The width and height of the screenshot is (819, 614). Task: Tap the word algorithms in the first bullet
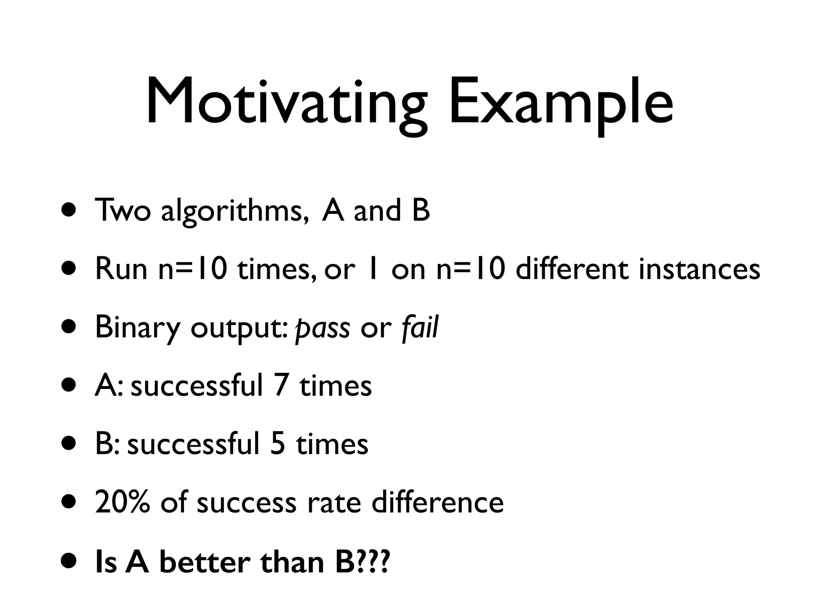235,211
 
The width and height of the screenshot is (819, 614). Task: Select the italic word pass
322,328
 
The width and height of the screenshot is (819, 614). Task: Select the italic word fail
420,327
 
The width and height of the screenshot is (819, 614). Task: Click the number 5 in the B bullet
278,444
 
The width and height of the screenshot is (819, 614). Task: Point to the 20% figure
122,502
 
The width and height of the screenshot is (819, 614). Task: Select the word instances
699,269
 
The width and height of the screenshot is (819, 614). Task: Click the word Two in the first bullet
122,211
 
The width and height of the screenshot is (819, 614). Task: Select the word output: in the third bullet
238,328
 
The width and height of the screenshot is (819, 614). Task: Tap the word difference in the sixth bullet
437,502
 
